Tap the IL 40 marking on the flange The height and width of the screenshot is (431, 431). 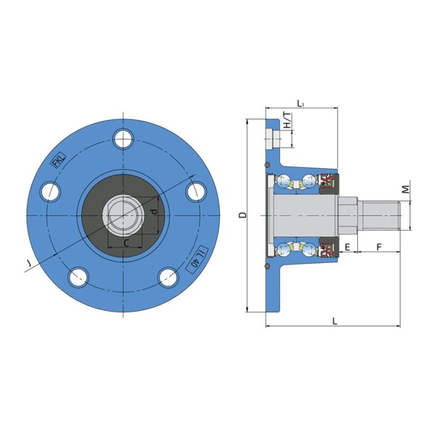(196, 257)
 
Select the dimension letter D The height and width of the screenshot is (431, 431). (243, 215)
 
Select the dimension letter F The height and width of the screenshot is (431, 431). (379, 247)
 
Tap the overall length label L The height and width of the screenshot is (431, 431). (334, 321)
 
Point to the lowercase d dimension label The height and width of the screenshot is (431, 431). (154, 211)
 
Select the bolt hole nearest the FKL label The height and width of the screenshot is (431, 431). (50, 192)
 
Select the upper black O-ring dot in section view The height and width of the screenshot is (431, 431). (267, 166)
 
